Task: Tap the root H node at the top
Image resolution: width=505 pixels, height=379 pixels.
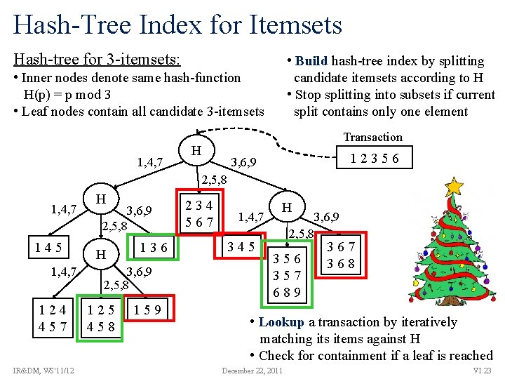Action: point(197,150)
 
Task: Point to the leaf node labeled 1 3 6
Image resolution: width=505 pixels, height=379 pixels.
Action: point(154,248)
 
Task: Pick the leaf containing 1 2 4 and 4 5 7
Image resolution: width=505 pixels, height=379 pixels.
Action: point(53,318)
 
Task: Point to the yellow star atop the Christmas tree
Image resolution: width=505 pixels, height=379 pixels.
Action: point(454,187)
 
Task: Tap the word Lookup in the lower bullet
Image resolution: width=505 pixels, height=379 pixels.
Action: point(281,322)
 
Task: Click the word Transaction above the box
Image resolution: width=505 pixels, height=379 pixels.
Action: point(372,137)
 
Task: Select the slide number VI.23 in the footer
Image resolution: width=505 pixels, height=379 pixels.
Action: point(483,371)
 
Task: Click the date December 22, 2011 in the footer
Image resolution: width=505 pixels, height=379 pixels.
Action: point(252,371)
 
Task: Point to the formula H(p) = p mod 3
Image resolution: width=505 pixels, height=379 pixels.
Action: point(67,95)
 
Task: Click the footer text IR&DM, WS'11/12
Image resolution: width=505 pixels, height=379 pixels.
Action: point(44,371)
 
